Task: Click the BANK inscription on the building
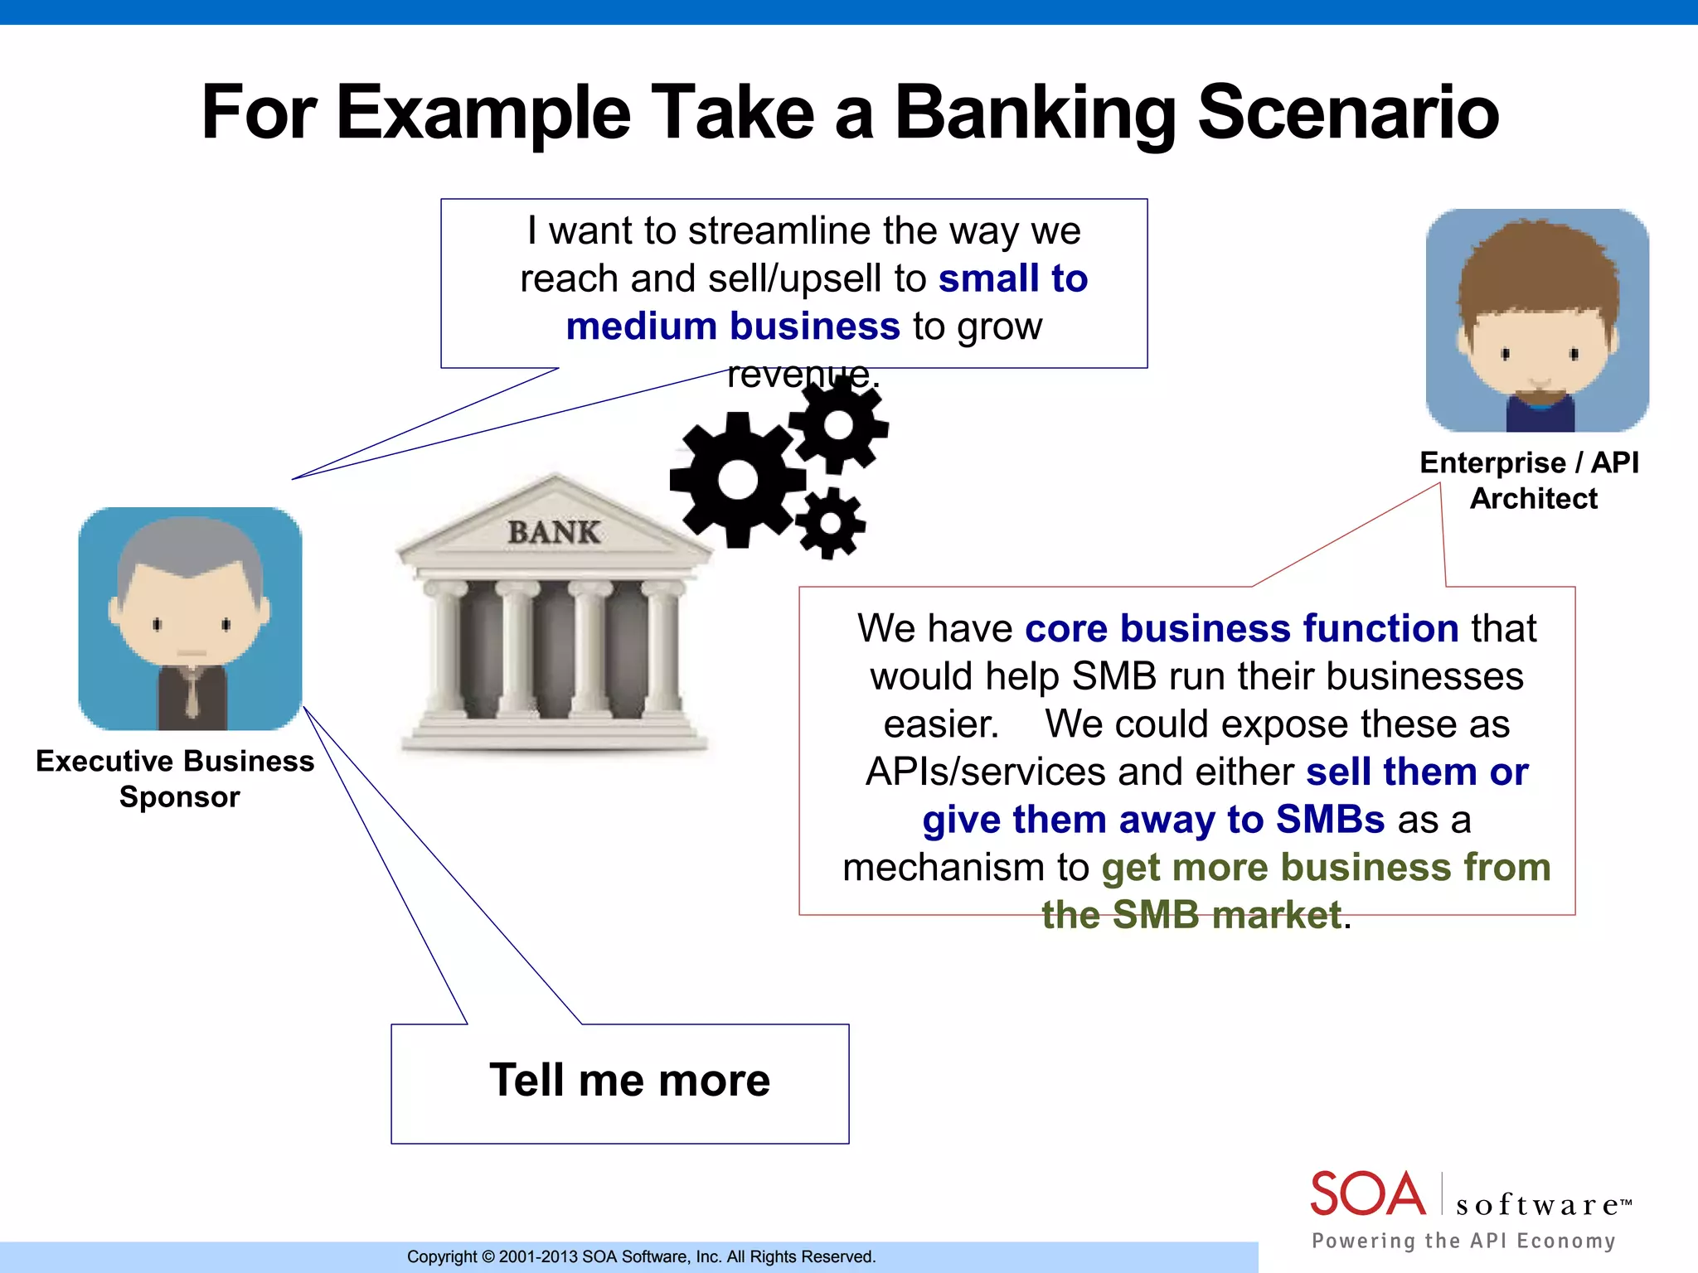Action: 554,532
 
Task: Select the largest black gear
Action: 737,480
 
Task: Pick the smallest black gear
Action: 830,524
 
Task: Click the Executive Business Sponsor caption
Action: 176,778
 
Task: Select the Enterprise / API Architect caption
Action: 1531,480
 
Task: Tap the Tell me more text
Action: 629,1080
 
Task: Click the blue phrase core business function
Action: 1241,628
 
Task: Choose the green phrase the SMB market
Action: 1191,915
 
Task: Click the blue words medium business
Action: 732,326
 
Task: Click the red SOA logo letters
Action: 1367,1194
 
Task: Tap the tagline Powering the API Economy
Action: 1463,1241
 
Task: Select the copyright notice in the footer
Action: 641,1256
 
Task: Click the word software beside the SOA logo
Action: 1538,1204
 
